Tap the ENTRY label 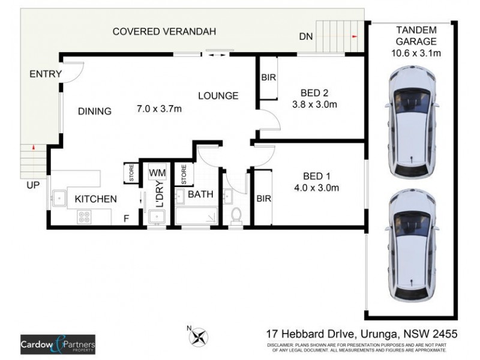coord(43,74)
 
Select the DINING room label coord(94,111)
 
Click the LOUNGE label coord(218,95)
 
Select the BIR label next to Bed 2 coord(268,77)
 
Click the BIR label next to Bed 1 coord(263,199)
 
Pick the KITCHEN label coord(91,199)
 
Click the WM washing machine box coord(157,173)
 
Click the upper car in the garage coord(412,123)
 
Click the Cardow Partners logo coord(58,343)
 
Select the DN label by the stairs coord(305,37)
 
